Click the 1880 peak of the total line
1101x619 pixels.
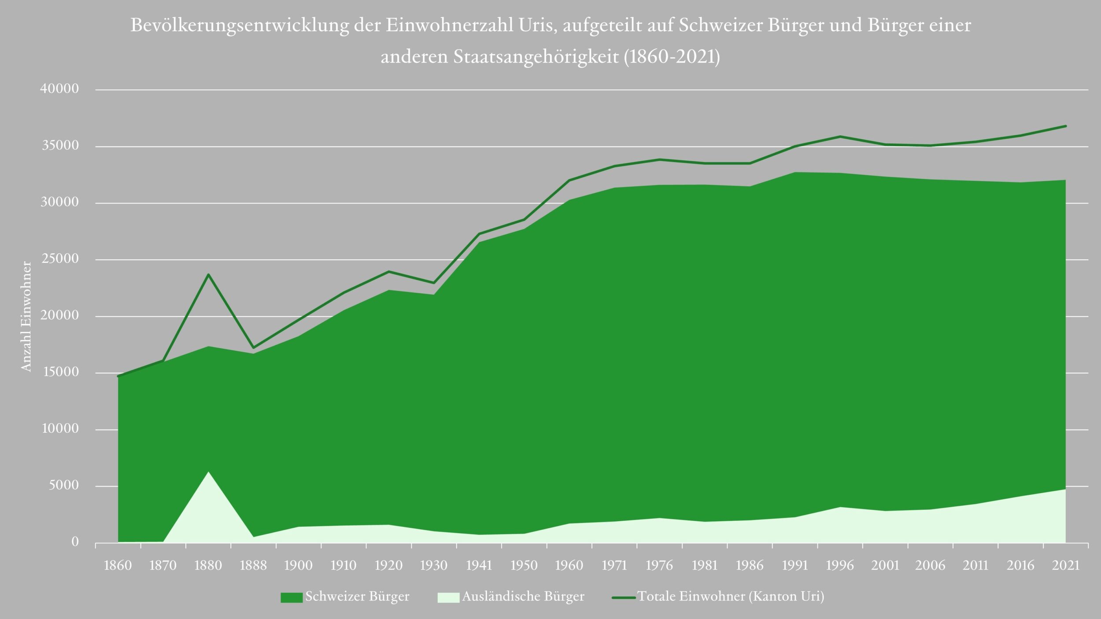click(208, 274)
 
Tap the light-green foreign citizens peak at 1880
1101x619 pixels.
click(208, 472)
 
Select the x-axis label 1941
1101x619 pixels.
click(479, 565)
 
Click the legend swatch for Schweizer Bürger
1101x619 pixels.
click(292, 597)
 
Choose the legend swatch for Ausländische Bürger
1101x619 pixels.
click(448, 597)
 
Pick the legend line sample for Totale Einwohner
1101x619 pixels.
click(624, 597)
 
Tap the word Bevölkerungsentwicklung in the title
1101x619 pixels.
click(239, 26)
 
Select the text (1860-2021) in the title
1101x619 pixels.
click(672, 57)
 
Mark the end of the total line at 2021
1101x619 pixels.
click(1065, 126)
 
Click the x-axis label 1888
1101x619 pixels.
click(253, 565)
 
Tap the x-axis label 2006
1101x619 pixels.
click(930, 565)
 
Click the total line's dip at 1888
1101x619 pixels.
click(253, 348)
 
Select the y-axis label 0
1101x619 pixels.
click(75, 542)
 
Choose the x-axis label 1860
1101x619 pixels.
click(118, 565)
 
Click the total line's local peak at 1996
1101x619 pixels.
click(840, 136)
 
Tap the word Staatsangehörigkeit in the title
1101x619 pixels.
click(536, 57)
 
